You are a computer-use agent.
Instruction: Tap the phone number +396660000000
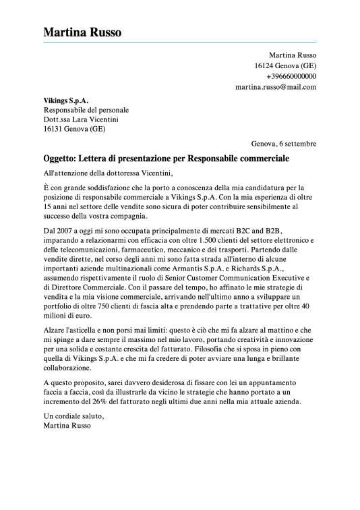pyautogui.click(x=291, y=76)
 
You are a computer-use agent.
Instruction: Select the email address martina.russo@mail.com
pyautogui.click(x=276, y=87)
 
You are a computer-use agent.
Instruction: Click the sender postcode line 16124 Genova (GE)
pyautogui.click(x=285, y=65)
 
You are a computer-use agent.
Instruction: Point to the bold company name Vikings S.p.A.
pyautogui.click(x=66, y=99)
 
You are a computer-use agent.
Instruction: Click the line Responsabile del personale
pyautogui.click(x=86, y=109)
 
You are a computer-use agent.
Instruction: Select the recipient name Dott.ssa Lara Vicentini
pyautogui.click(x=81, y=119)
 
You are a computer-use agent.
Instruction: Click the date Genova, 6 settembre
pyautogui.click(x=283, y=144)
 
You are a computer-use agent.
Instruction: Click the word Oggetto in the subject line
pyautogui.click(x=59, y=159)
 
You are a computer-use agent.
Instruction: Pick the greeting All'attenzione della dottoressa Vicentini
pyautogui.click(x=108, y=173)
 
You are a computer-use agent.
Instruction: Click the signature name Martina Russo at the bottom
pyautogui.click(x=66, y=426)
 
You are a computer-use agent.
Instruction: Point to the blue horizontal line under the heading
pyautogui.click(x=180, y=42)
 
